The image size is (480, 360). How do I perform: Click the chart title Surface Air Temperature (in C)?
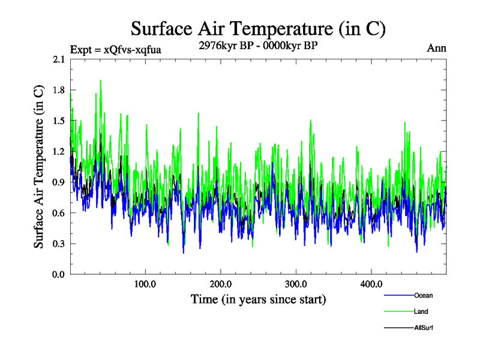(x=257, y=29)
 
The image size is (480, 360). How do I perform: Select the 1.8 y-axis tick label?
(x=59, y=91)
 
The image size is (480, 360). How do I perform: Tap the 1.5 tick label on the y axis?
(x=59, y=121)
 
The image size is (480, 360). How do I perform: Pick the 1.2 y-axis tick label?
(x=59, y=152)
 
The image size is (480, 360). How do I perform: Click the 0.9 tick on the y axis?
(x=59, y=182)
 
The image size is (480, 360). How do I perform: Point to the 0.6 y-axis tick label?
(x=59, y=213)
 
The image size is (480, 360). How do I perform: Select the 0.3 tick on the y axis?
(x=59, y=244)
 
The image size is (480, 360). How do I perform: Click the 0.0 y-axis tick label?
(x=59, y=274)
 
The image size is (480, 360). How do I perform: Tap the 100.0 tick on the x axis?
(x=145, y=284)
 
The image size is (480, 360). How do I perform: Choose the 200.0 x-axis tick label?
(x=221, y=284)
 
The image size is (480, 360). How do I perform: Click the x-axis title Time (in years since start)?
(x=258, y=299)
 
